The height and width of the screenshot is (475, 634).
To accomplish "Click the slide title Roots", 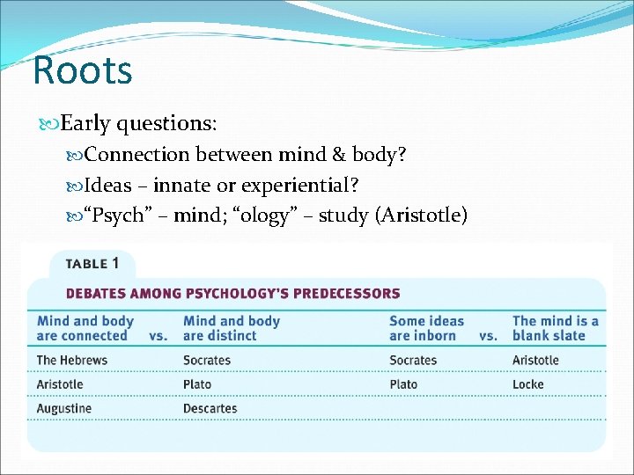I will pyautogui.click(x=82, y=70).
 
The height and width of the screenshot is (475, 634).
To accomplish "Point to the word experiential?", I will pyautogui.click(x=306, y=185).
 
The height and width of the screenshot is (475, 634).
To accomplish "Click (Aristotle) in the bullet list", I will pyautogui.click(x=421, y=215).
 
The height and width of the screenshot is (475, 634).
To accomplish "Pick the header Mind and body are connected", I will pyautogui.click(x=85, y=328).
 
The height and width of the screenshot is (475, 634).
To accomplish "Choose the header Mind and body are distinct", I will pyautogui.click(x=231, y=328).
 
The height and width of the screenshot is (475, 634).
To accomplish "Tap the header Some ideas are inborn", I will pyautogui.click(x=426, y=328).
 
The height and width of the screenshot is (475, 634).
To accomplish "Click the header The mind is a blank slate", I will pyautogui.click(x=555, y=328).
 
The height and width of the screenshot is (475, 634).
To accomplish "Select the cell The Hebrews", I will pyautogui.click(x=72, y=360).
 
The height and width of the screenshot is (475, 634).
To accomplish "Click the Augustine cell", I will pyautogui.click(x=64, y=408).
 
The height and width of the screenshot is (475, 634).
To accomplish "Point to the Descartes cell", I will pyautogui.click(x=210, y=408).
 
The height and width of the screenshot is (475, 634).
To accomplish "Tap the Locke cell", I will pyautogui.click(x=528, y=384).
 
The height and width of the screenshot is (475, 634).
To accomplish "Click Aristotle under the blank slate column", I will pyautogui.click(x=535, y=360).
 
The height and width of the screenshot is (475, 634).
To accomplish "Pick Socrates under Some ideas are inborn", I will pyautogui.click(x=413, y=360).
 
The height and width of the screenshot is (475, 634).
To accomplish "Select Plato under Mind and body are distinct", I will pyautogui.click(x=197, y=384).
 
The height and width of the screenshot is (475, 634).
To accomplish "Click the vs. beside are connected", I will pyautogui.click(x=158, y=336).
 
